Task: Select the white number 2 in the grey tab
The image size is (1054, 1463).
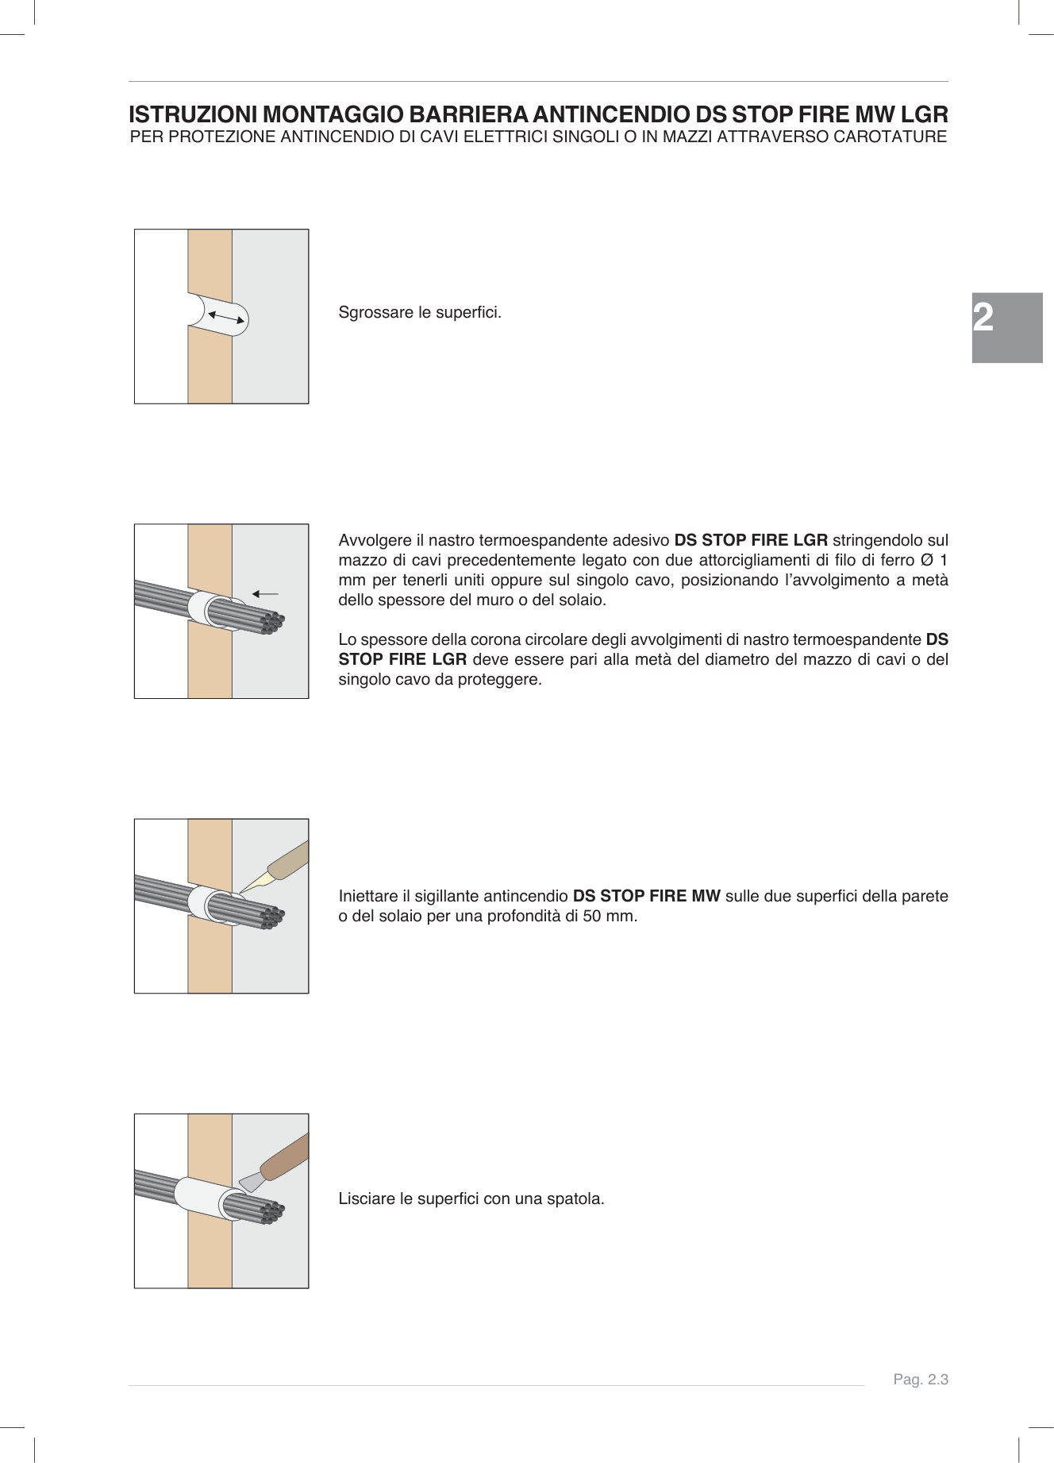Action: tap(983, 318)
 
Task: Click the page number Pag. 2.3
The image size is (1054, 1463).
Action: tap(921, 1380)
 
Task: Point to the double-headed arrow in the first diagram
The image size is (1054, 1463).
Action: tap(226, 317)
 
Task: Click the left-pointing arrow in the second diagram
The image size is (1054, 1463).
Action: tap(265, 594)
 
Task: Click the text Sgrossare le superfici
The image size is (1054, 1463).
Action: tap(419, 312)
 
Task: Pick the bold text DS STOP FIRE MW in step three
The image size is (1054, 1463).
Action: tap(646, 896)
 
